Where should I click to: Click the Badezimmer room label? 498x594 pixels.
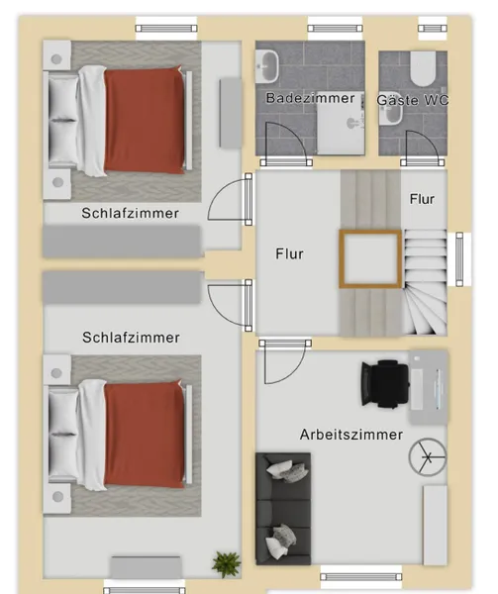click(x=310, y=98)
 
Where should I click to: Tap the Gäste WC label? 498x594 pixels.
click(x=413, y=100)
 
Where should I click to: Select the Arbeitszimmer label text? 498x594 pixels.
click(x=351, y=435)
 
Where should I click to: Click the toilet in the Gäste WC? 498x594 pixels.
click(x=423, y=68)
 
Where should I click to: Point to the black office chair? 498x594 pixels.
click(x=385, y=384)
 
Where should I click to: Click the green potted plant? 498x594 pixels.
click(x=227, y=564)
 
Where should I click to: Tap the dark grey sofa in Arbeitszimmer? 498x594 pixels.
click(x=283, y=509)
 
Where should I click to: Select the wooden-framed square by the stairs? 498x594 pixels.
click(x=370, y=258)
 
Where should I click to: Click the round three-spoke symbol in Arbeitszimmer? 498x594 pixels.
click(x=428, y=456)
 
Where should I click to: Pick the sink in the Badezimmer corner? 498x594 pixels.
click(x=267, y=66)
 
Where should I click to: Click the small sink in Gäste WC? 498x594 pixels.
click(x=391, y=114)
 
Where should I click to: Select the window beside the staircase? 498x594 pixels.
click(x=459, y=259)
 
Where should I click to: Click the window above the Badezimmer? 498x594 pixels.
click(x=335, y=28)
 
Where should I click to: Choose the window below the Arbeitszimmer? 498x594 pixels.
click(x=361, y=577)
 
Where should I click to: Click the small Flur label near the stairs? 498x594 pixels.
click(x=422, y=199)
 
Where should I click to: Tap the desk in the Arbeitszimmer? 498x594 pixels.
click(x=429, y=386)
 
